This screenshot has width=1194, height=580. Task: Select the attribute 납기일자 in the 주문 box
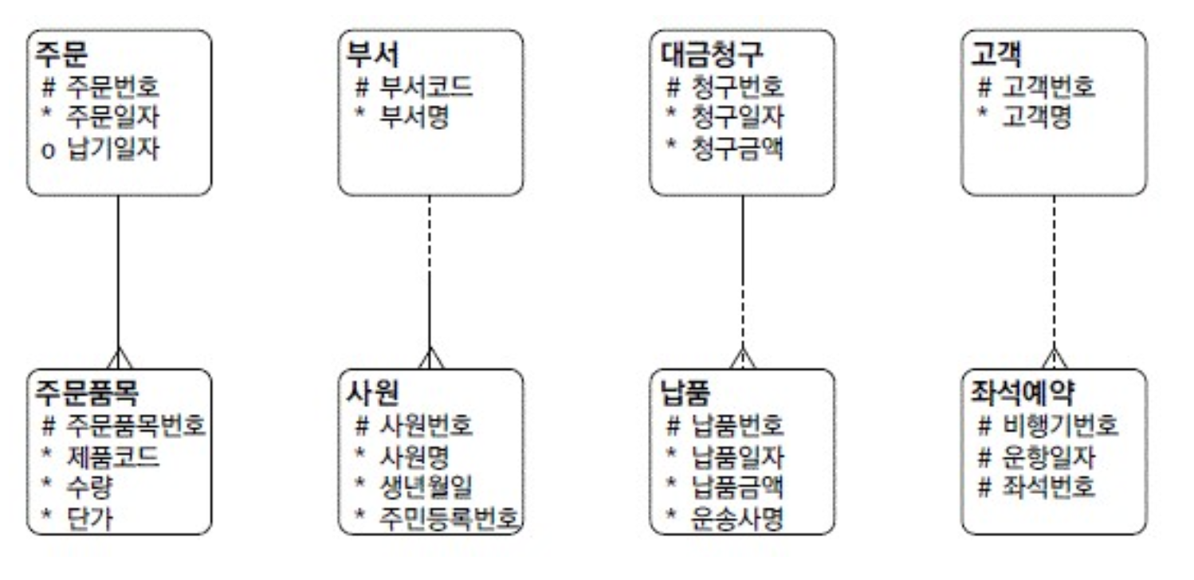coord(112,149)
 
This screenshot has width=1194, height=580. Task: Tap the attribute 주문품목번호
coord(136,426)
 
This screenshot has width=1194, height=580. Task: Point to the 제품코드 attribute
coord(112,457)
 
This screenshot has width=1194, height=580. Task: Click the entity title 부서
coord(372,53)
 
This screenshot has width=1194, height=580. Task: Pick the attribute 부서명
coord(414,118)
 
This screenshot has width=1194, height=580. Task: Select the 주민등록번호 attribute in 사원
coord(450,519)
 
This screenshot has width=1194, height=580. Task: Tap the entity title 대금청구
coord(712,53)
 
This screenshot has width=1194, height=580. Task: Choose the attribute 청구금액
coord(737,149)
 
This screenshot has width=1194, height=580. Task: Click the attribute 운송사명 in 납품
coord(737,519)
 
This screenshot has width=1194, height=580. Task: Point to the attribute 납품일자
coord(737,457)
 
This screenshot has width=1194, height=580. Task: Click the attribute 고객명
coord(1037,118)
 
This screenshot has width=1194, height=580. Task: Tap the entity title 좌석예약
coord(1023,392)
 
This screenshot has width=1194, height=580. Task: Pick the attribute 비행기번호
coord(1060,426)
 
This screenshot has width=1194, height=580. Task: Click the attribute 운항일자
coord(1049,457)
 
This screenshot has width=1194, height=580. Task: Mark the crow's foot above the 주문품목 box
coord(119,359)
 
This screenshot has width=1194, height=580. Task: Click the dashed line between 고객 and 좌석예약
coord(1054,271)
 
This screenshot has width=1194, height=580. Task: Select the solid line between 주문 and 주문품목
coord(119,271)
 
